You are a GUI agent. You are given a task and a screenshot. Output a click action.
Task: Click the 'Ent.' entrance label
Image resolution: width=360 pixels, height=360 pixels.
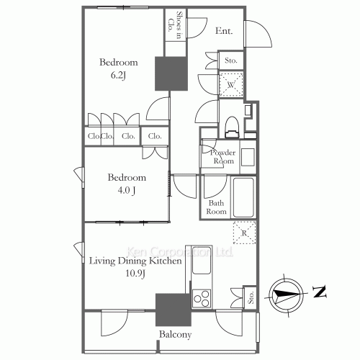click(224, 31)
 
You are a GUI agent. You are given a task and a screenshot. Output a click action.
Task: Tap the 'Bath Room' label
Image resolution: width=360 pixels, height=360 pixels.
click(217, 207)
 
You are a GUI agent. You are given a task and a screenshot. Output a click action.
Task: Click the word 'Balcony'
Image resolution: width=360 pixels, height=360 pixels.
click(174, 335)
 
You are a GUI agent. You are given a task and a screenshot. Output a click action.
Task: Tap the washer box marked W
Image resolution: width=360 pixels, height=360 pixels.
click(232, 86)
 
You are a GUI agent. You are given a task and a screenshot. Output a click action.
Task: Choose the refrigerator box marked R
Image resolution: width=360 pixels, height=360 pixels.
click(244, 233)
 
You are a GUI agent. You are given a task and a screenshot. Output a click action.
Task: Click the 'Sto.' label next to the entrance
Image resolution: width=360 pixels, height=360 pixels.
click(231, 61)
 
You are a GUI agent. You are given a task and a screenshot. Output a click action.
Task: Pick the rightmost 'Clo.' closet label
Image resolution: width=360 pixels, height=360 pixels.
click(155, 136)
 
